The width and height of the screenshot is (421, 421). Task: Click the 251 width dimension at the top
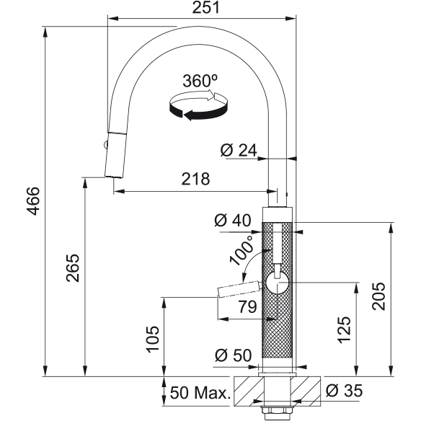click(x=206, y=7)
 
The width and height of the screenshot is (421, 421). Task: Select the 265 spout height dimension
click(x=73, y=268)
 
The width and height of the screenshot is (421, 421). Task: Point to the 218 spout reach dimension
click(x=195, y=179)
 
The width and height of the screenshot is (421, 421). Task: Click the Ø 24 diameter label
click(x=239, y=150)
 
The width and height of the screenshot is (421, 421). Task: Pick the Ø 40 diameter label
click(x=233, y=221)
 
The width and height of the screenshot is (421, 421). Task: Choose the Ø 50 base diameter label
click(x=234, y=355)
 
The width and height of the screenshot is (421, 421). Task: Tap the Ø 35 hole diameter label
click(x=344, y=390)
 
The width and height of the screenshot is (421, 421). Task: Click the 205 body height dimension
click(x=378, y=296)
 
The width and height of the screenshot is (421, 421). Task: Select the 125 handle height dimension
click(x=344, y=330)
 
